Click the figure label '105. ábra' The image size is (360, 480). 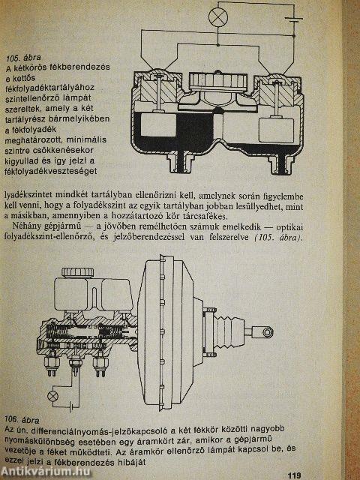point(23,58)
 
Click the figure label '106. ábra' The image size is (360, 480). point(22,420)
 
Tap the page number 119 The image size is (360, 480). point(294,475)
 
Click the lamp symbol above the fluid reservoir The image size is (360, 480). point(218,16)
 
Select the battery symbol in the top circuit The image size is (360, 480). point(294,20)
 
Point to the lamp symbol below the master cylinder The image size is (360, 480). point(53,396)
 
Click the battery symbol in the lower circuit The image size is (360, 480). point(72,407)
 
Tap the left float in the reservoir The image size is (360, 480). point(158,124)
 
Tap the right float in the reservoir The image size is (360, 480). point(276,130)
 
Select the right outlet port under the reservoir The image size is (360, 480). point(281,163)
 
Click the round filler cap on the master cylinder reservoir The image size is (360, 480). point(78,272)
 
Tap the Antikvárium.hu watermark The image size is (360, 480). point(46,472)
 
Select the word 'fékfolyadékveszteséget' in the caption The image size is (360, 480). point(51,171)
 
